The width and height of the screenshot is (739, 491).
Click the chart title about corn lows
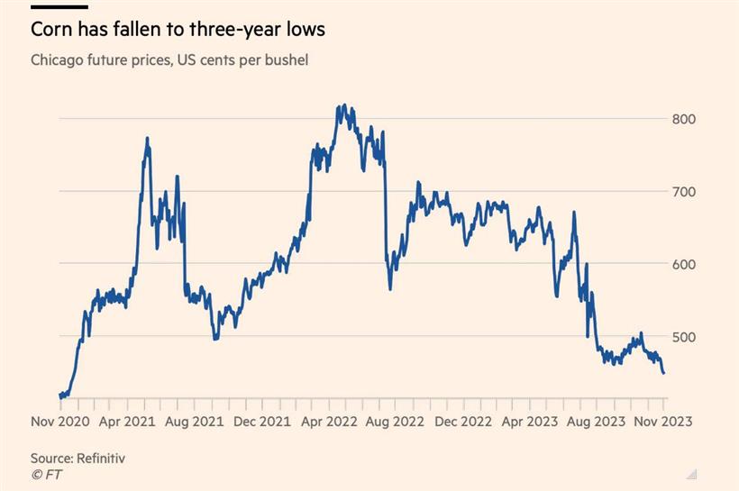coord(178,29)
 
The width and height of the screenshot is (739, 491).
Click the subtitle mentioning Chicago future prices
coord(170,60)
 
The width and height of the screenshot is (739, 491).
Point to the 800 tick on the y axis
coord(684,119)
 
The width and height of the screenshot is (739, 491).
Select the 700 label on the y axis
coord(684,192)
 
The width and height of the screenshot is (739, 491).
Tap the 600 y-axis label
coord(684,264)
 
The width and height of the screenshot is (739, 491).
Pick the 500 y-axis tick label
coord(684,337)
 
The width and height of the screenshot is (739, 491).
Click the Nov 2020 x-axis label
coord(60,420)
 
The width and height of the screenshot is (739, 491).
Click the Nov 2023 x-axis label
coord(662,420)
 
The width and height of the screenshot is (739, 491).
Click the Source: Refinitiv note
coord(78,458)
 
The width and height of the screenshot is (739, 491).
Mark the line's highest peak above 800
coord(343,105)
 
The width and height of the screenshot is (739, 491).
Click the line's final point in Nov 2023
coord(664,373)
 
